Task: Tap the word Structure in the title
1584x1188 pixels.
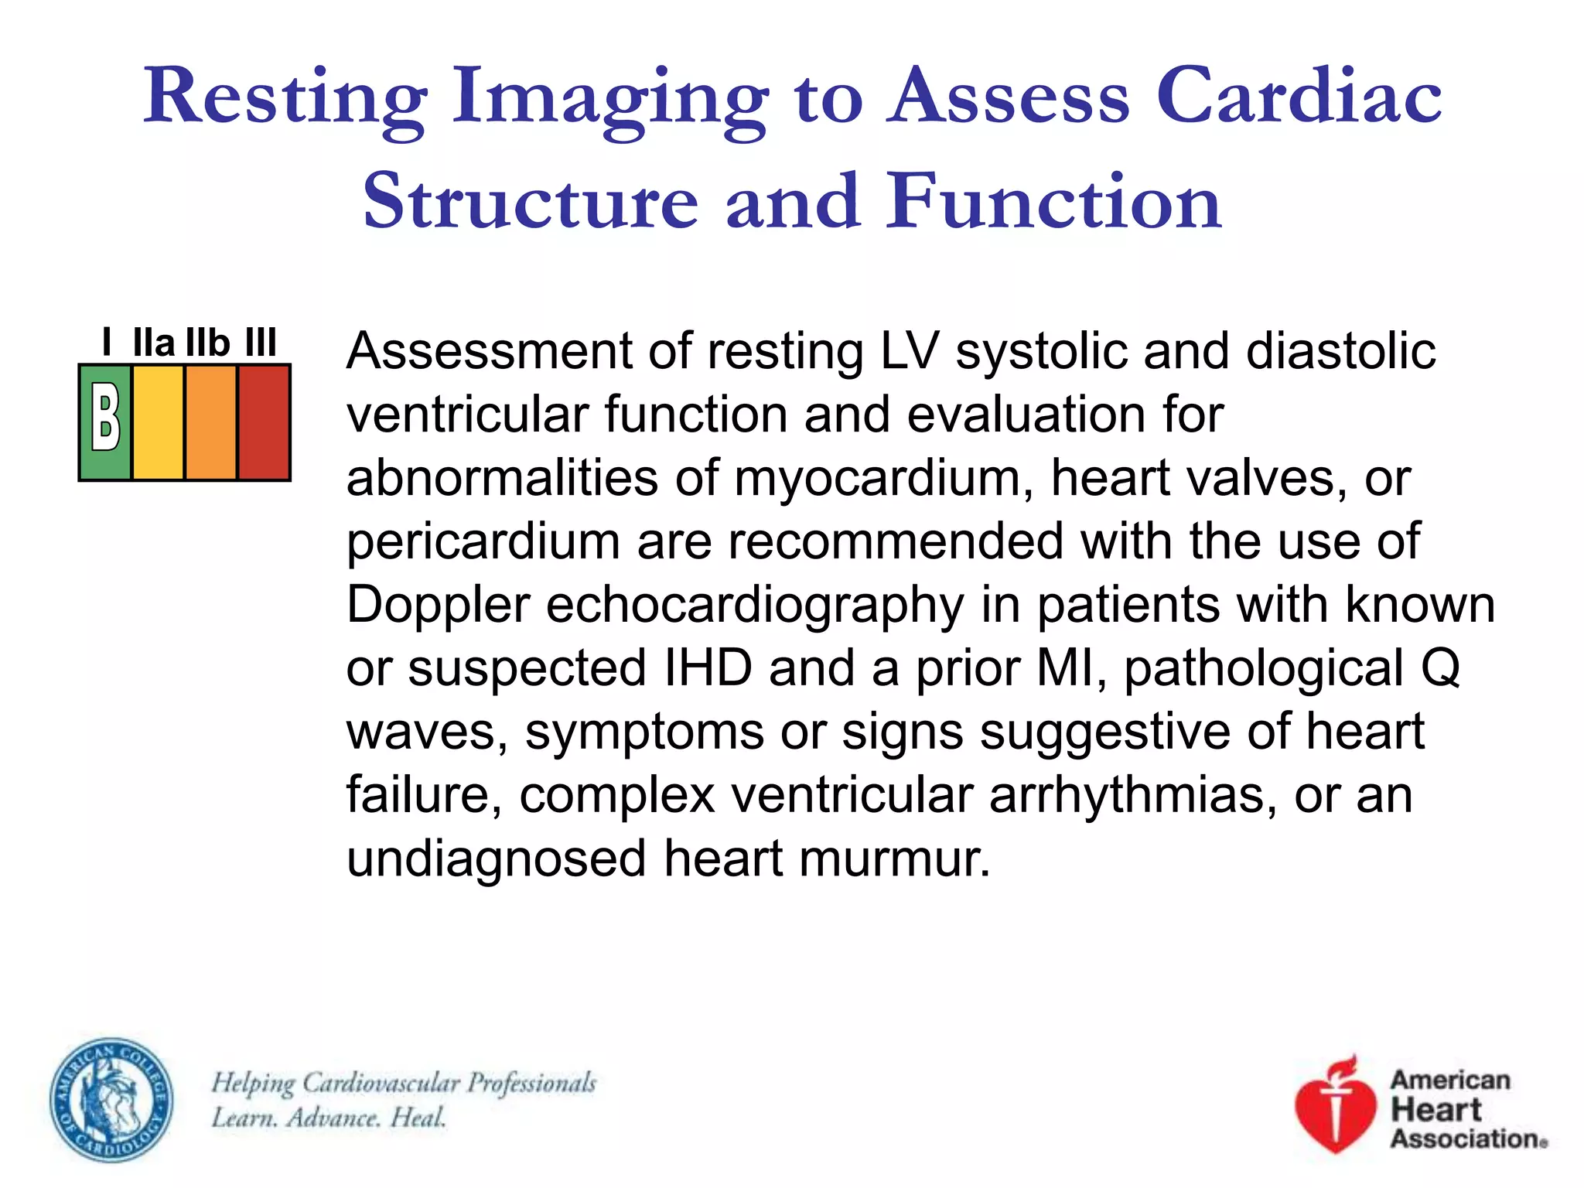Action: (x=531, y=202)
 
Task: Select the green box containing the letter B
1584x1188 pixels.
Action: (x=106, y=422)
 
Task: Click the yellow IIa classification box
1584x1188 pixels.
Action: (x=159, y=422)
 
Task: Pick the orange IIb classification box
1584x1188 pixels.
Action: (x=211, y=422)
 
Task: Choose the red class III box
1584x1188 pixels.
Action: (x=264, y=422)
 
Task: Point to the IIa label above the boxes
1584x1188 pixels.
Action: (x=154, y=343)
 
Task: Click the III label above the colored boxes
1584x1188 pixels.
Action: (x=261, y=343)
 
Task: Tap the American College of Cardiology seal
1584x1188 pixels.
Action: (x=111, y=1100)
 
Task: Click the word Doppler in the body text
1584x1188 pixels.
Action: (x=438, y=605)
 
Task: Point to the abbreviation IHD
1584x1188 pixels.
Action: (x=708, y=668)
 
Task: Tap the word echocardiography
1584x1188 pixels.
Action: (x=756, y=605)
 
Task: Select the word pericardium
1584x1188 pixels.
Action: (x=483, y=541)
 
